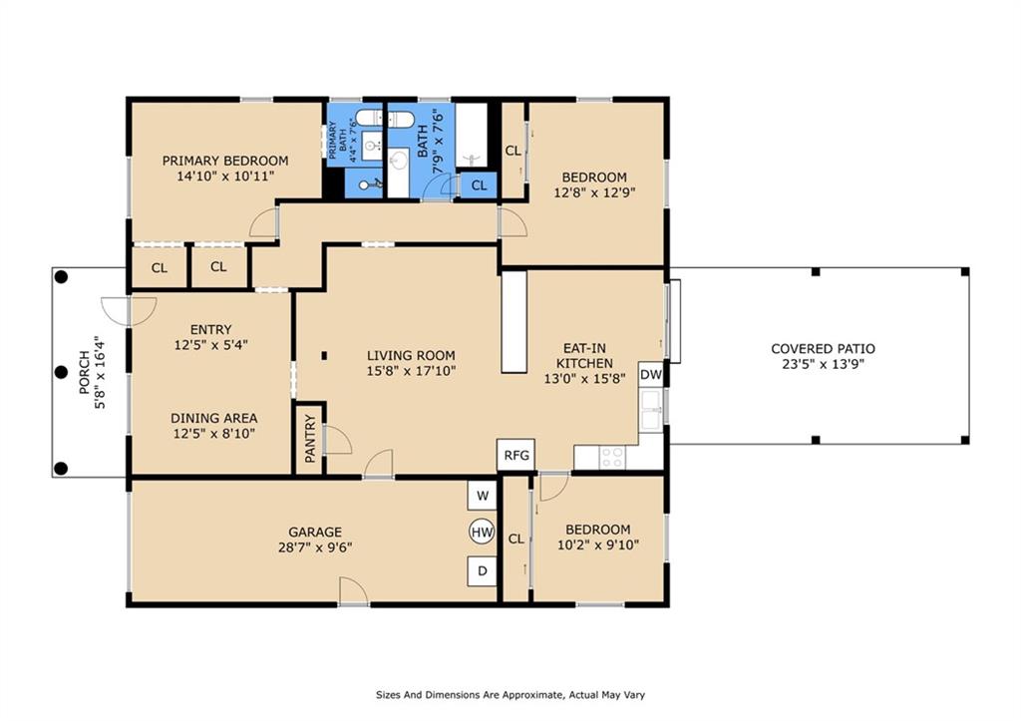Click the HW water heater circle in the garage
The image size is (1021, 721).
[482, 533]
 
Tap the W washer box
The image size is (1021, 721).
[482, 496]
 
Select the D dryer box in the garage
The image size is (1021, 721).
[482, 571]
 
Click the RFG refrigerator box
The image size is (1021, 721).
[516, 455]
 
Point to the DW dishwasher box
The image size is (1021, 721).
[650, 375]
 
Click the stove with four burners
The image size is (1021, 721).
[611, 457]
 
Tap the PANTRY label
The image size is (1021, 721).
[310, 439]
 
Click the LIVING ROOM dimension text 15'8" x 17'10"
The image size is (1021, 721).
[411, 371]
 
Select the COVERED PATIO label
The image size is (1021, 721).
[823, 348]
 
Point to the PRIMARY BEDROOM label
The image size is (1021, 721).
[225, 161]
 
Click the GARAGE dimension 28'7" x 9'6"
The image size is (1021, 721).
[315, 547]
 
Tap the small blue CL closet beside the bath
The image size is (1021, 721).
[479, 184]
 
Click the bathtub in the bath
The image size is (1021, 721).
[472, 135]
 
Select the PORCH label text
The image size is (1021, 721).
[84, 373]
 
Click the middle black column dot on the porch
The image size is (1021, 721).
[61, 372]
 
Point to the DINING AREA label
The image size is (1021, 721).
[214, 418]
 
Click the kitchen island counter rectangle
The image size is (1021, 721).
[513, 322]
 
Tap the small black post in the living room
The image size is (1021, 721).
[324, 356]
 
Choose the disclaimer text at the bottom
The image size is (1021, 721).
[510, 695]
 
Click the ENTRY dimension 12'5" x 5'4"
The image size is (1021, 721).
[211, 345]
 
